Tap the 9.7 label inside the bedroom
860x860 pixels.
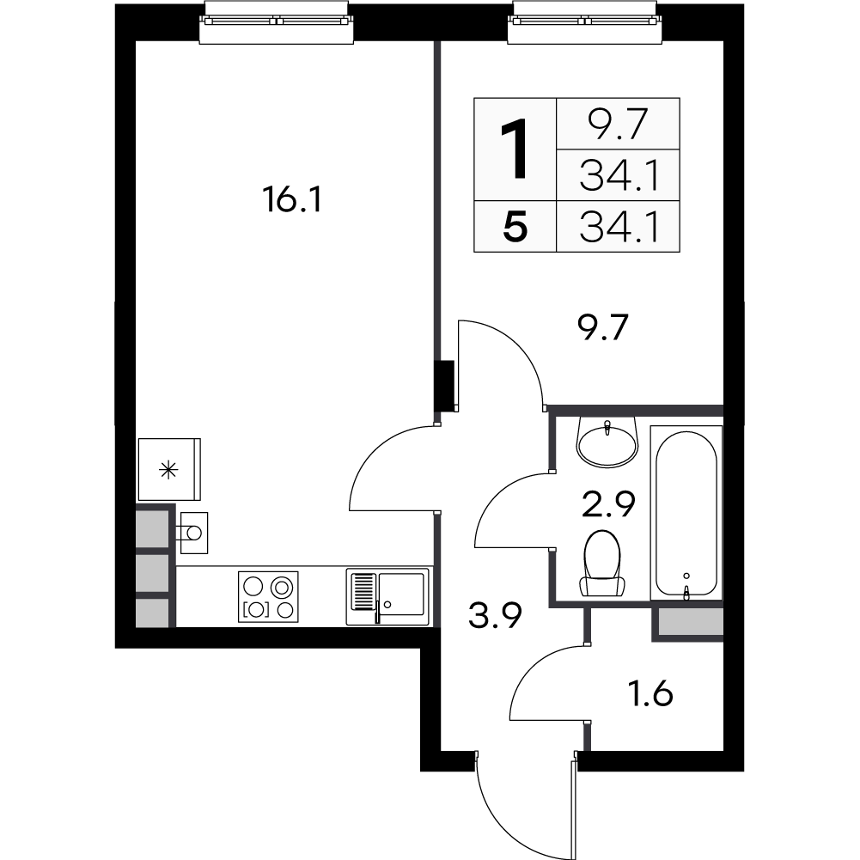tap(602, 327)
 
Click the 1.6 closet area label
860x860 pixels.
tap(650, 694)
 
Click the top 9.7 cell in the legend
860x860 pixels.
tap(618, 124)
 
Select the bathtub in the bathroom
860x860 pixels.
tap(686, 512)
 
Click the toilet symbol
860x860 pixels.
tap(603, 563)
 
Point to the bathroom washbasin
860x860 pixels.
tap(607, 442)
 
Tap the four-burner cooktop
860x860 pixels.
tap(268, 597)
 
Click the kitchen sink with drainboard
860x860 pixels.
tap(387, 597)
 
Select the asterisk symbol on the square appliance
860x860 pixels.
tap(168, 470)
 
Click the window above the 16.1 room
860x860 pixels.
tap(277, 22)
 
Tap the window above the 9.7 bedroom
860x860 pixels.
tap(585, 22)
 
